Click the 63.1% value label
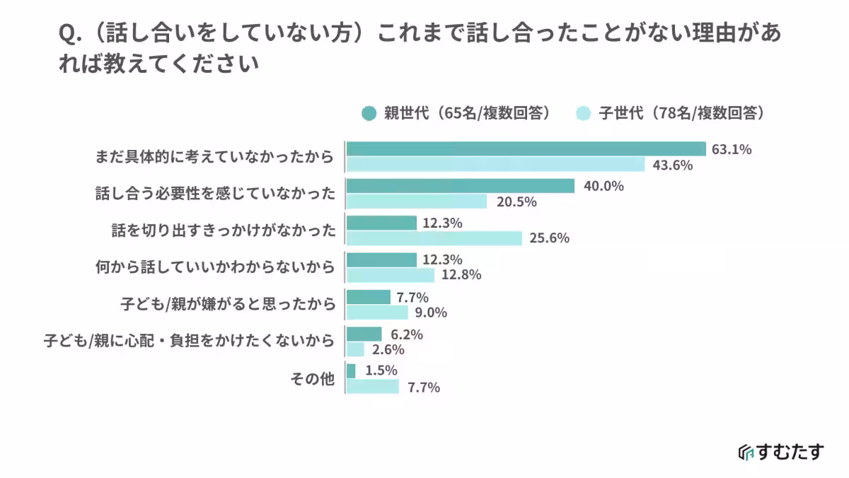click(x=731, y=149)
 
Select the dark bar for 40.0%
click(x=460, y=186)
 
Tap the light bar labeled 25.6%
click(x=434, y=238)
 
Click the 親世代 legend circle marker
click(x=369, y=114)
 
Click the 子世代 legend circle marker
click(x=584, y=114)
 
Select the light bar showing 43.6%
click(x=495, y=165)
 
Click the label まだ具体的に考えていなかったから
click(x=214, y=157)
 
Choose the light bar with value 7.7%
click(x=373, y=387)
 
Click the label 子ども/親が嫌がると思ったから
click(x=228, y=304)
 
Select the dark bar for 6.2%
click(x=364, y=334)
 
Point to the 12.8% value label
click(x=462, y=275)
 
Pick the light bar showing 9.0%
click(x=377, y=313)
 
